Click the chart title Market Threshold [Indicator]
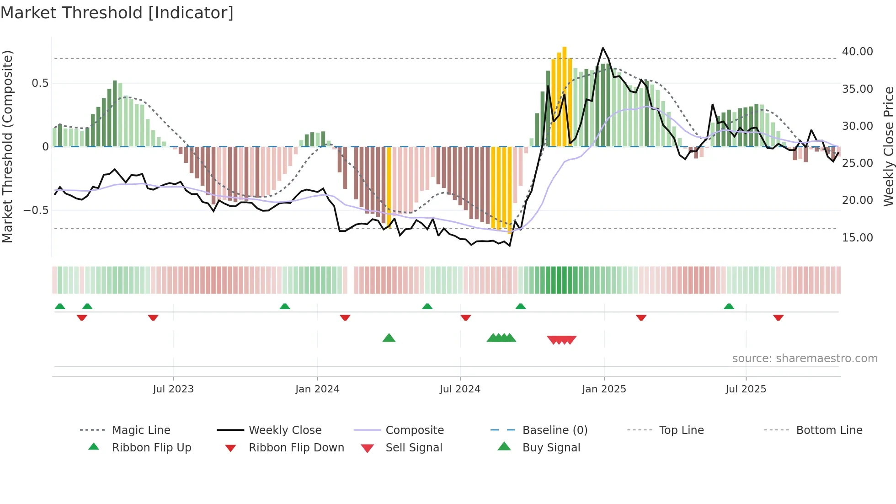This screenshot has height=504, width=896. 117,13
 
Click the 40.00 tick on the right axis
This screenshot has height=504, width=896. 857,52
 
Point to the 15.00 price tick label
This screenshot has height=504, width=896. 857,238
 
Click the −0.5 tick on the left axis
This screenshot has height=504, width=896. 36,210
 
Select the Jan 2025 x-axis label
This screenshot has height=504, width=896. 604,389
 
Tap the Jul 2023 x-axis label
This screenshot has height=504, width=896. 173,389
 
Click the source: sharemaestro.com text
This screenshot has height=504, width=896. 805,359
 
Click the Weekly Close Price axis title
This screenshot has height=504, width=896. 888,146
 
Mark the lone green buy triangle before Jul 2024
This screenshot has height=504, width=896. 389,338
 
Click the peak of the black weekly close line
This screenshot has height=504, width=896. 603,48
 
